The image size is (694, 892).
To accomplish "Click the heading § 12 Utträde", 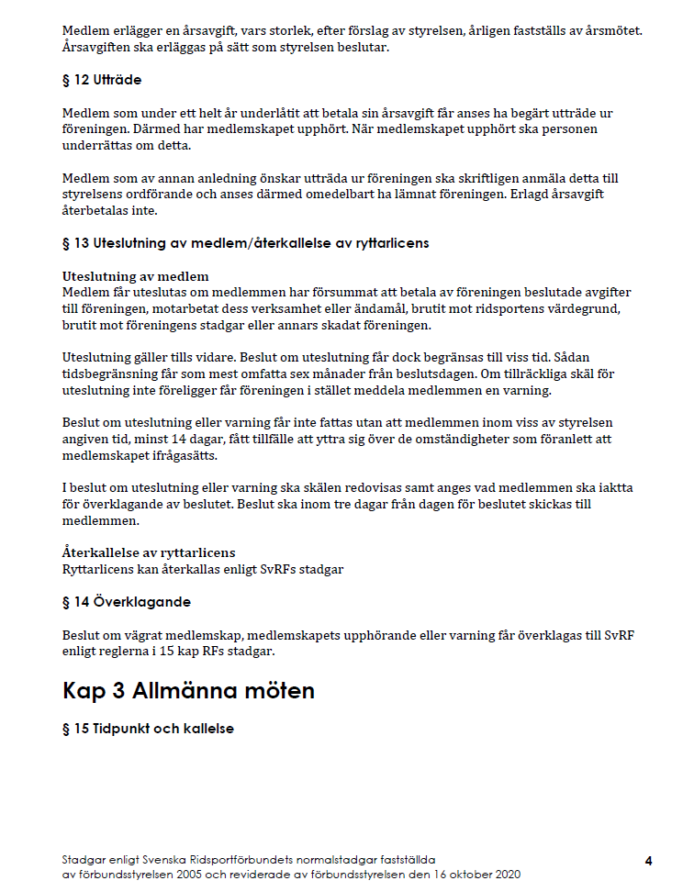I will (x=101, y=80).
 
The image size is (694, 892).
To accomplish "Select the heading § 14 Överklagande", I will (x=126, y=602).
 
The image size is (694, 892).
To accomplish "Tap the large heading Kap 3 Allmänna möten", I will (x=188, y=690).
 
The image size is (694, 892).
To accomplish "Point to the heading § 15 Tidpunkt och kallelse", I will (x=148, y=729).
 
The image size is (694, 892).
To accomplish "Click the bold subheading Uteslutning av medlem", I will (x=135, y=276).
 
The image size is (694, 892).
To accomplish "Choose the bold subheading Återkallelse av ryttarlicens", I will (x=149, y=552).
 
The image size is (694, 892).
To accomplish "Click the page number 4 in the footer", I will (x=648, y=861).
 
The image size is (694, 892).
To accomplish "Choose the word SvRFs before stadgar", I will (x=277, y=569).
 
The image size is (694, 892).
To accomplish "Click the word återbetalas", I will (x=96, y=210).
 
